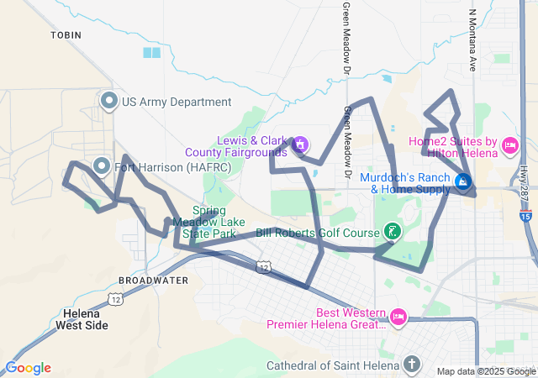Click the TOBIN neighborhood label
tap(64, 35)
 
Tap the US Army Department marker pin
tap(108, 102)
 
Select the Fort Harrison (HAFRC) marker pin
tap(103, 166)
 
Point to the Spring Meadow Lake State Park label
tap(204, 222)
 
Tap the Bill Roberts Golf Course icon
tap(391, 231)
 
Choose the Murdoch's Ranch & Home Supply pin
tap(462, 181)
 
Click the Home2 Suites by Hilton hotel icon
tap(509, 147)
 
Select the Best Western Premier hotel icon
tap(398, 317)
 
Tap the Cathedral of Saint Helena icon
tap(410, 365)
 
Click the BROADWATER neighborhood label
tap(154, 281)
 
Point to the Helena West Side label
tap(85, 319)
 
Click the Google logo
tap(28, 368)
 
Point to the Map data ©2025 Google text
tap(486, 371)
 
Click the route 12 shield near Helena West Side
tap(115, 299)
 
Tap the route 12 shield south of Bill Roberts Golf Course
tap(264, 267)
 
